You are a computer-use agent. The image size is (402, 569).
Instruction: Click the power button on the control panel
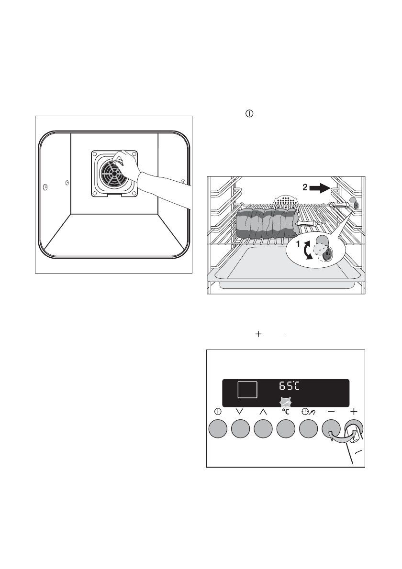[x=218, y=428]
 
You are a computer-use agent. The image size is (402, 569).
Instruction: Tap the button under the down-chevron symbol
[x=241, y=428]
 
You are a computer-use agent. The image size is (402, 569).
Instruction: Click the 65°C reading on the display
[x=292, y=386]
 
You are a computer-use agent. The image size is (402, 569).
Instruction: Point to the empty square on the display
[x=247, y=390]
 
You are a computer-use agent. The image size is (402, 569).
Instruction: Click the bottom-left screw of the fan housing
[x=95, y=193]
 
